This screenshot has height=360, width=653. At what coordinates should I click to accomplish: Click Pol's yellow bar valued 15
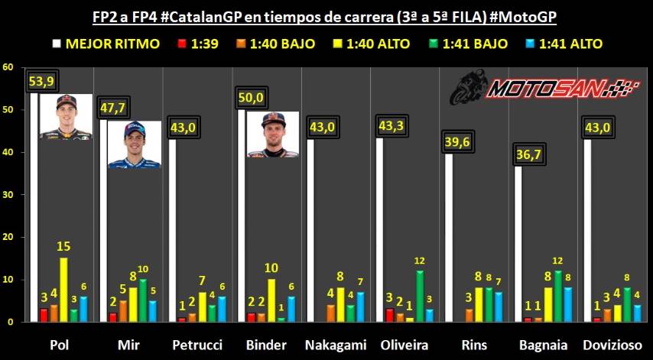click(63, 290)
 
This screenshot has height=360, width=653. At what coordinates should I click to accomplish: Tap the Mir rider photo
click(134, 144)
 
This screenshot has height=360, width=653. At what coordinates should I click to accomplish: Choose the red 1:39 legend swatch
click(181, 44)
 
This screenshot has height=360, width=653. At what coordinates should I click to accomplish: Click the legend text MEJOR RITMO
click(112, 44)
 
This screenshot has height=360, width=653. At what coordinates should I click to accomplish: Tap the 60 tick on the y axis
click(8, 67)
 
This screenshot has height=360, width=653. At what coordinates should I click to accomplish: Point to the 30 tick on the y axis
click(8, 195)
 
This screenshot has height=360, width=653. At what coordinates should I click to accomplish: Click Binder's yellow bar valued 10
click(271, 300)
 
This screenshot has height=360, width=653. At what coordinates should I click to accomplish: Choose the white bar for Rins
click(450, 237)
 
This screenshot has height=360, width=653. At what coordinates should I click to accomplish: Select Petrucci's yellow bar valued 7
click(202, 306)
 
